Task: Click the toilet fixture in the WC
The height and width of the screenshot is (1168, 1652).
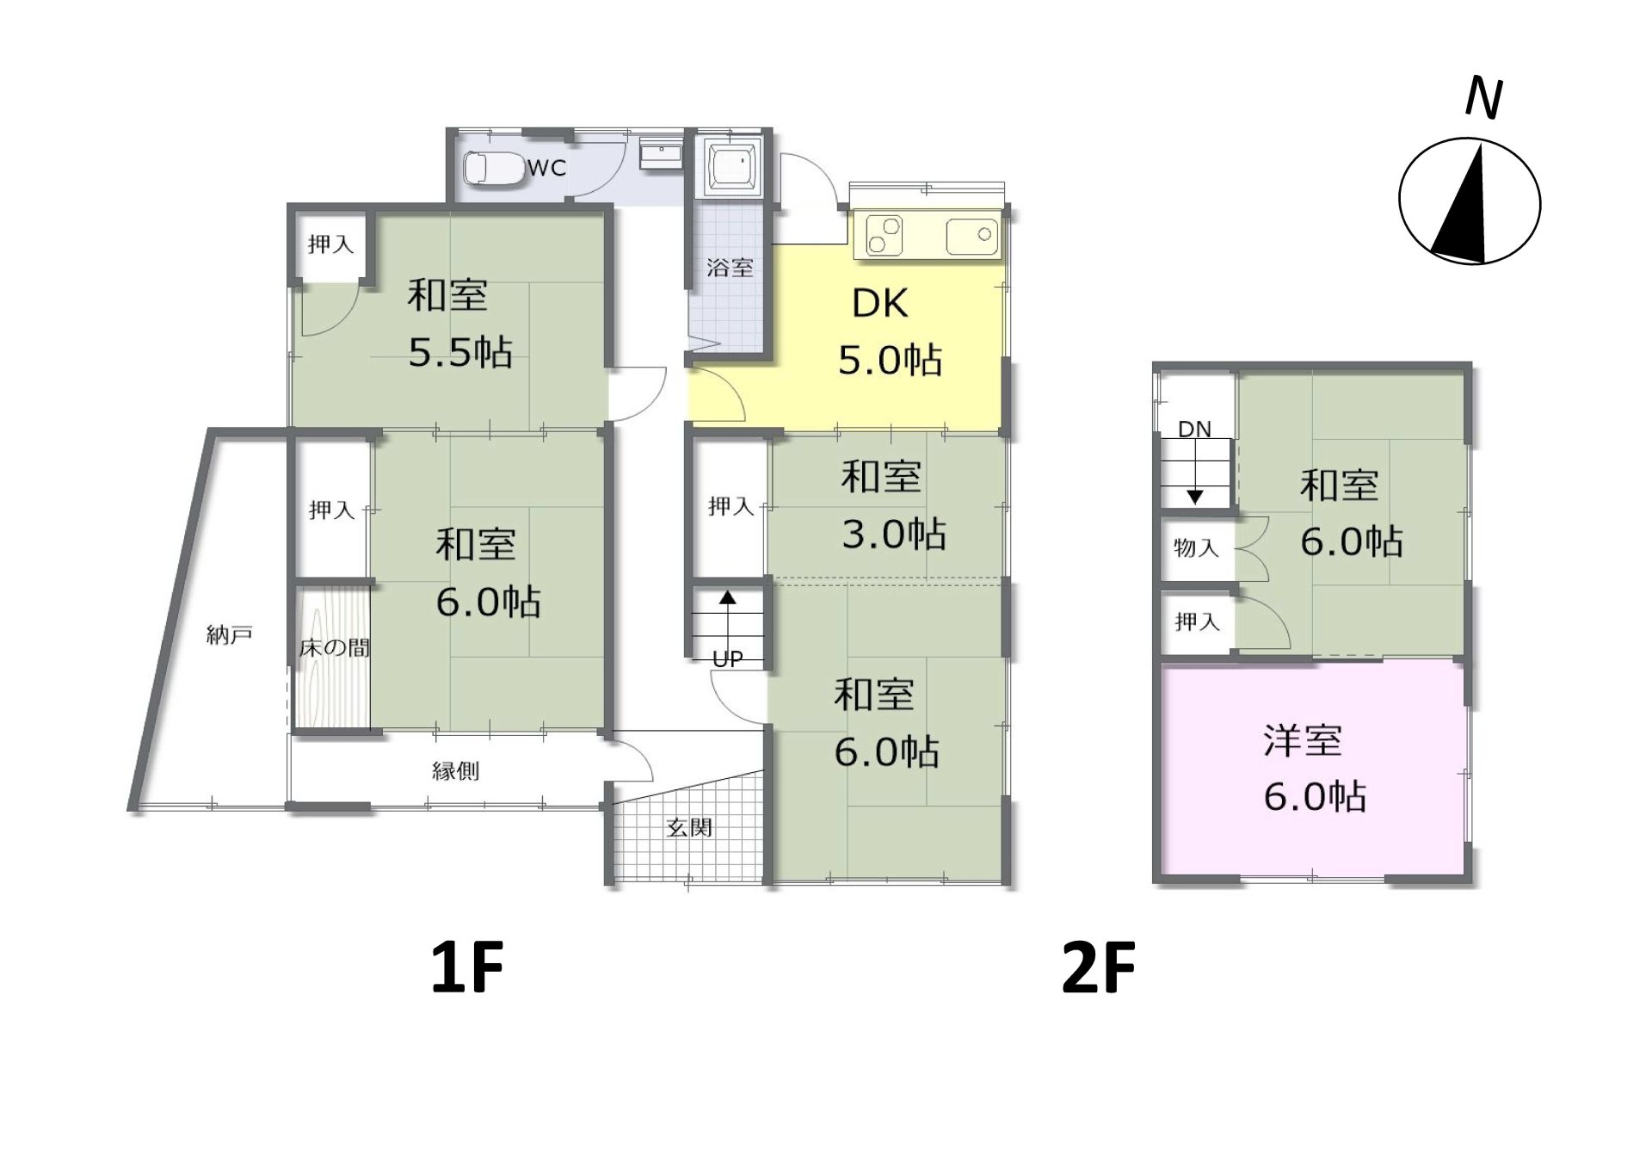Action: [494, 169]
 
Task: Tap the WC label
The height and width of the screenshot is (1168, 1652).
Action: [546, 168]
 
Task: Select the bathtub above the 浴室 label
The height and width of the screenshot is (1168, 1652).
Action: [731, 167]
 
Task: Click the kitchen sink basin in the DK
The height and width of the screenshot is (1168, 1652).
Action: [971, 236]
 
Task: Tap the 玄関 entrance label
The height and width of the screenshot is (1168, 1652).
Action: [689, 828]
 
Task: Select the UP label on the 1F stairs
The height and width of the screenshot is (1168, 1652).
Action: [728, 659]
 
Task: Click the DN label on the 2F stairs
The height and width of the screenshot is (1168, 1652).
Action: [1194, 429]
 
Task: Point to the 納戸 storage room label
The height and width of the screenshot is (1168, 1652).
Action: [230, 635]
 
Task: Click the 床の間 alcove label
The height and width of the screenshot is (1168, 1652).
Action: [335, 647]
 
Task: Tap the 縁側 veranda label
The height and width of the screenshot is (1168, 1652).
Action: [455, 770]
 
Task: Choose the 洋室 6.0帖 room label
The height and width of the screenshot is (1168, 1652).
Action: [1314, 769]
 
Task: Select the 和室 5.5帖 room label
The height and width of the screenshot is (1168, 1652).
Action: [459, 324]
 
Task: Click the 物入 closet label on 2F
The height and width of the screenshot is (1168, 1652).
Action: [1196, 547]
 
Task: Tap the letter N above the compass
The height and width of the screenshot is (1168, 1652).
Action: [1484, 97]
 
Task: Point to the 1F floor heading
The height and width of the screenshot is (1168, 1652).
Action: [467, 967]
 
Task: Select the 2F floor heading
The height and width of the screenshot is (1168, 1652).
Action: [1099, 967]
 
